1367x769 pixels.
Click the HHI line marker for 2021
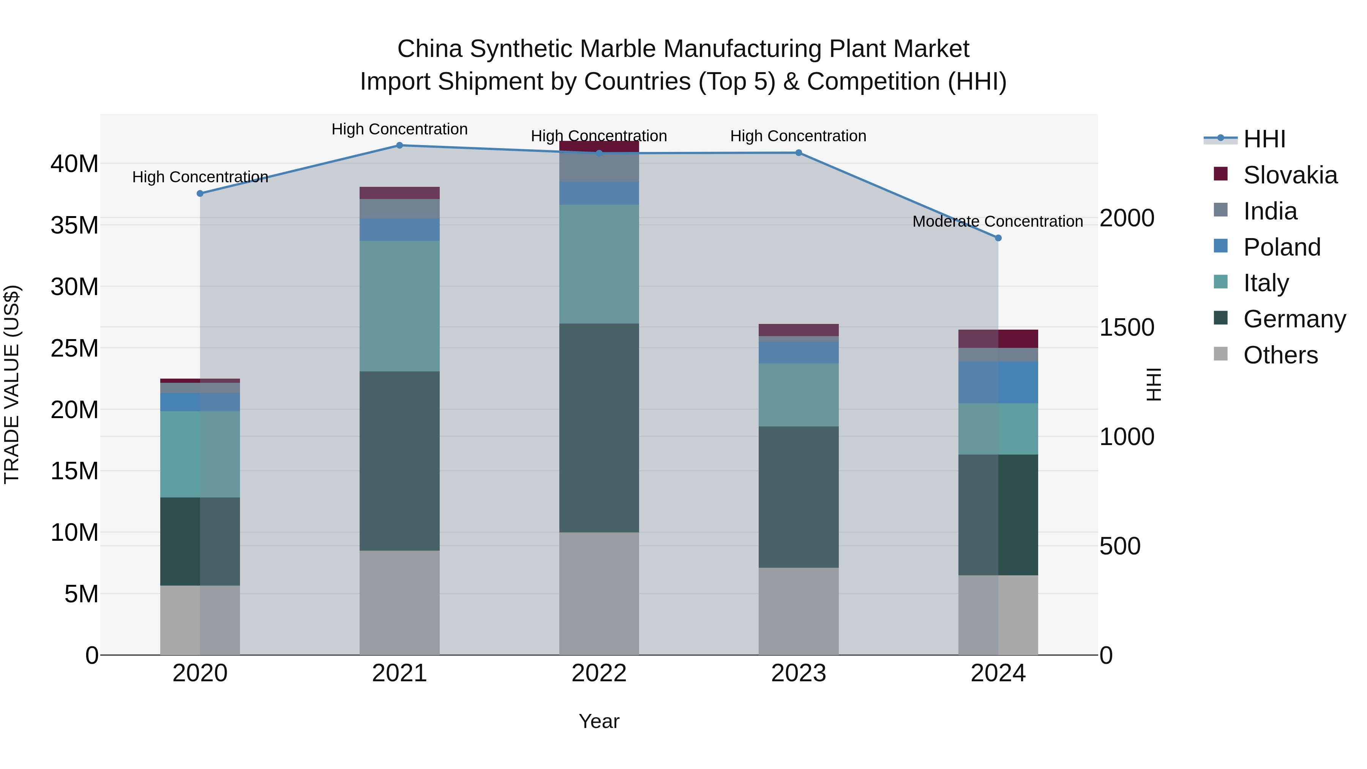(x=399, y=145)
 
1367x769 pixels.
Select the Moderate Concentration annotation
(x=998, y=221)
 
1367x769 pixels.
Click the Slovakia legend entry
(x=1290, y=175)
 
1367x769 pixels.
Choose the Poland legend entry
(x=1282, y=247)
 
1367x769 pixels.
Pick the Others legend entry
(x=1280, y=355)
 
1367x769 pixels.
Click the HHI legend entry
(x=1264, y=139)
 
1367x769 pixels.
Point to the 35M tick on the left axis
(x=74, y=226)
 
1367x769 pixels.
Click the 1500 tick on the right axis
(x=1127, y=327)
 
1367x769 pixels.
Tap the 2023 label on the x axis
(x=799, y=673)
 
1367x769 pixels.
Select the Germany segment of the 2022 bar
(x=599, y=427)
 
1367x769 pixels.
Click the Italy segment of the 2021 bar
(x=399, y=306)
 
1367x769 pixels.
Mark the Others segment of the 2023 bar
(x=799, y=611)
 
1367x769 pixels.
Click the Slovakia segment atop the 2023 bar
(x=799, y=330)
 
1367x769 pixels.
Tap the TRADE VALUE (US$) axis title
(x=12, y=384)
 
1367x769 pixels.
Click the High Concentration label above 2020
(x=200, y=177)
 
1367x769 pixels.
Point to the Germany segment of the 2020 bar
(x=200, y=541)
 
